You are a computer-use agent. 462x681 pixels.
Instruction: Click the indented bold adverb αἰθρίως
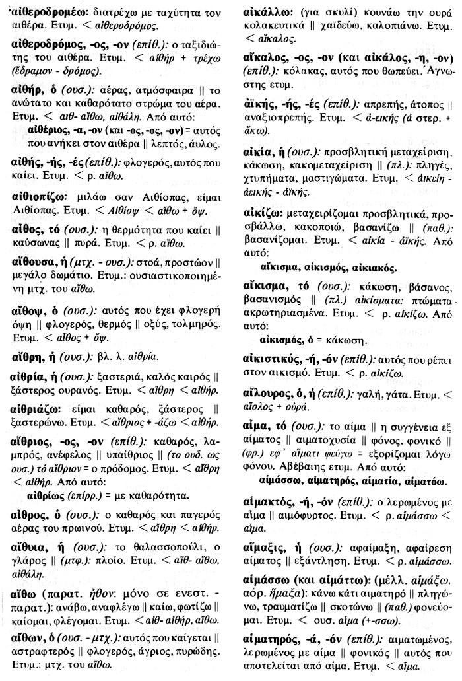point(48,495)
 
